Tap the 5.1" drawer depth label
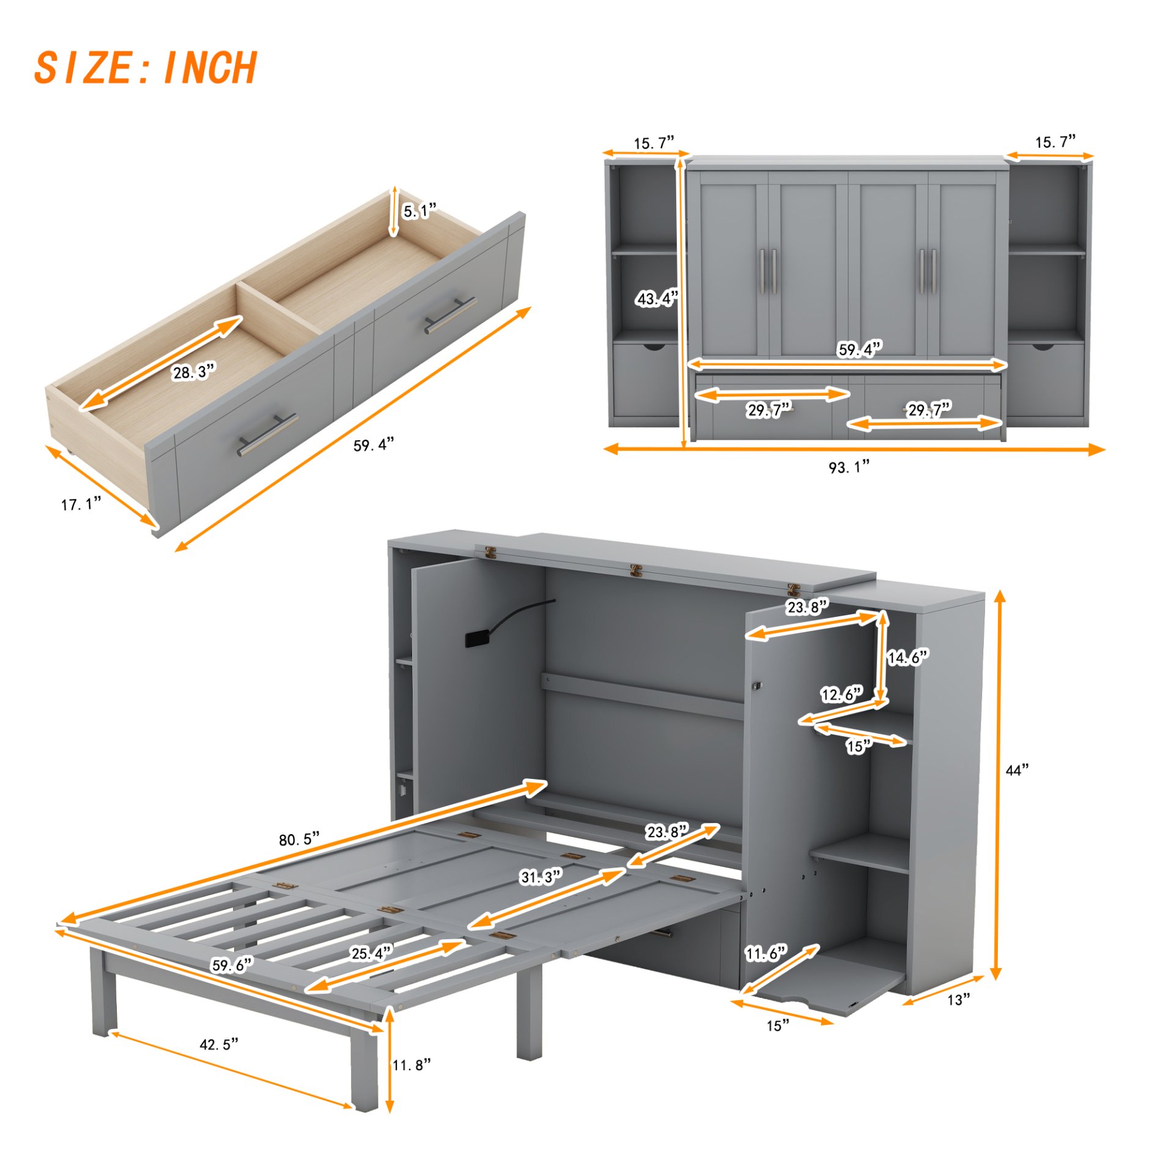419,211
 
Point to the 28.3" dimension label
193,372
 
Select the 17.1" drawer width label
81,504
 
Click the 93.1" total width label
849,467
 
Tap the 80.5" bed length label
299,839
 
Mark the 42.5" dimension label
218,1044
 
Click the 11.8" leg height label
412,1065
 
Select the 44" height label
1017,770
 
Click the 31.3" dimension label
541,877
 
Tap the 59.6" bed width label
231,965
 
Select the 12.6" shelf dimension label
841,694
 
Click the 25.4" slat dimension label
371,953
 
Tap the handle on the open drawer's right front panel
451,315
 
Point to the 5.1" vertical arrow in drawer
394,212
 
